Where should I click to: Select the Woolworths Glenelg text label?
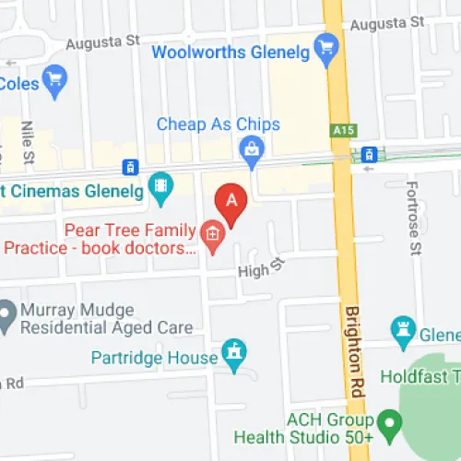coord(231,52)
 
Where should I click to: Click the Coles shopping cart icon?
coord(54,78)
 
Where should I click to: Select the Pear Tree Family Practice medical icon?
coord(214,237)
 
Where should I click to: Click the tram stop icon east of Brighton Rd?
coord(369,154)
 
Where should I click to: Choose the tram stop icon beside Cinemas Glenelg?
coord(131,168)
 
